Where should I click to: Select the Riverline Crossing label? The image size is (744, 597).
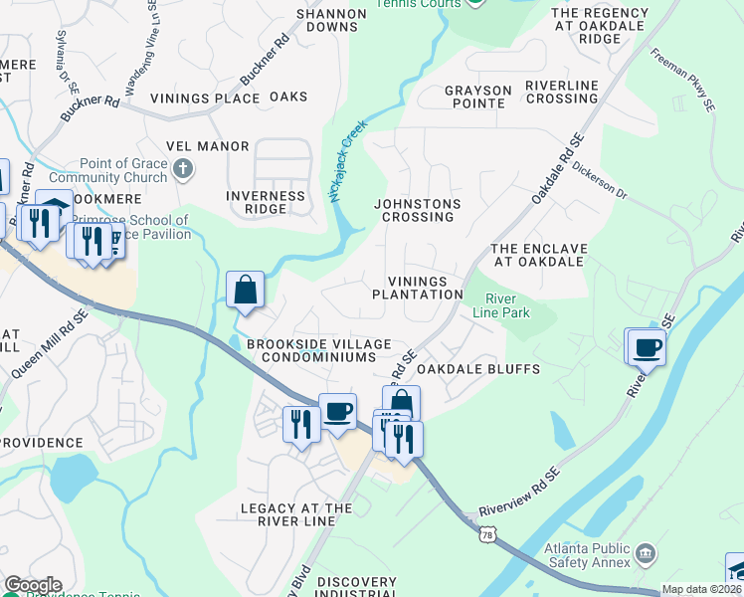pyautogui.click(x=561, y=92)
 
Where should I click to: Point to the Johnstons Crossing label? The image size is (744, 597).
pyautogui.click(x=417, y=210)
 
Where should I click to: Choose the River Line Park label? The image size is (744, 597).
pyautogui.click(x=507, y=305)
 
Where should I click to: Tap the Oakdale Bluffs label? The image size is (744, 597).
pyautogui.click(x=477, y=369)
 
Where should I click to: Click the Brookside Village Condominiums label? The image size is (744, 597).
pyautogui.click(x=311, y=349)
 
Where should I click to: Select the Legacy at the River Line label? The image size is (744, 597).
pyautogui.click(x=296, y=515)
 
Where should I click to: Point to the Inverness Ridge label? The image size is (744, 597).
pyautogui.click(x=266, y=203)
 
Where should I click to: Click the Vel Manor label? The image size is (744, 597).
pyautogui.click(x=208, y=146)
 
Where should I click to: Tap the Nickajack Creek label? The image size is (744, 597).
pyautogui.click(x=348, y=161)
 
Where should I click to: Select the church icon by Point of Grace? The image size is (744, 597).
pyautogui.click(x=182, y=170)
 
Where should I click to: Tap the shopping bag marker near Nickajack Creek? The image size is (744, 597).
pyautogui.click(x=245, y=291)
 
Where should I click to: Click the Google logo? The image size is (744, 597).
pyautogui.click(x=33, y=584)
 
